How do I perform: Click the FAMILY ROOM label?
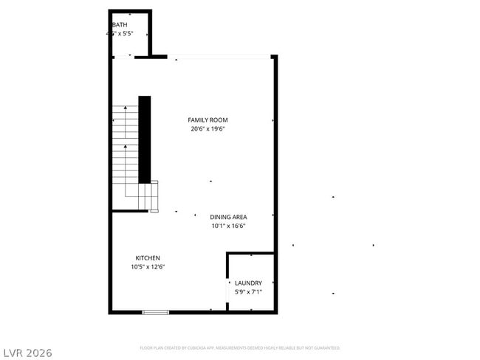tap(208, 120)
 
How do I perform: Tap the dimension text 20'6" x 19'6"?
tap(208, 128)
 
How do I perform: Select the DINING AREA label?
tap(228, 217)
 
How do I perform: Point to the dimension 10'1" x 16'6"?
tap(228, 226)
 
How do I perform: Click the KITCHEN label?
tap(148, 258)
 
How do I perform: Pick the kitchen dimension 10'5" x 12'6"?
tap(148, 267)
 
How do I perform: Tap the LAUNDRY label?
tap(248, 283)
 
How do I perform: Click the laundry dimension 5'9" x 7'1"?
tap(248, 292)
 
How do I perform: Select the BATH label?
tap(120, 25)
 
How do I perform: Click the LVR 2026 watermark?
tap(27, 353)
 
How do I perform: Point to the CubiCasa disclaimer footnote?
tap(239, 347)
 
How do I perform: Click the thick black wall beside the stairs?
tap(145, 139)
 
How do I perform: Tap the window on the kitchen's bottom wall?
tap(155, 312)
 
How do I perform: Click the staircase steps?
tap(125, 148)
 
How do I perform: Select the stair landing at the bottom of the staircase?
tap(148, 197)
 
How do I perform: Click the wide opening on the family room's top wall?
tap(222, 57)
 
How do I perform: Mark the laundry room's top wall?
tap(250, 254)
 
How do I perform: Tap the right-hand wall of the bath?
tap(150, 33)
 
